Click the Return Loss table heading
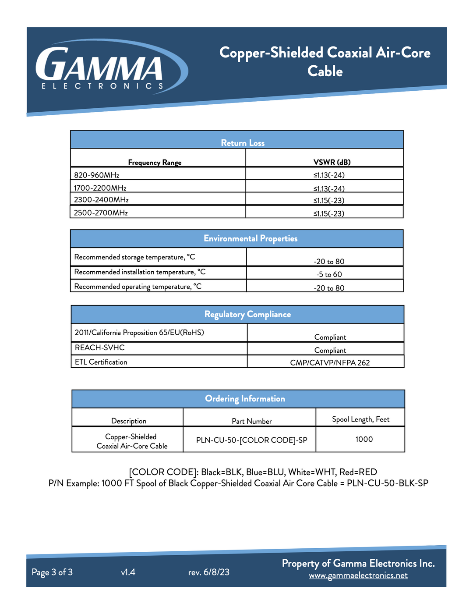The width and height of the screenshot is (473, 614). click(x=243, y=143)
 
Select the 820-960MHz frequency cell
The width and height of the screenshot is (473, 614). click(x=97, y=175)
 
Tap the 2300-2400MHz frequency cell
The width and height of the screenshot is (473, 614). click(x=101, y=200)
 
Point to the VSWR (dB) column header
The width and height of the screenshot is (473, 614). click(x=332, y=162)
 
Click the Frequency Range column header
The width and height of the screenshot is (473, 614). click(x=155, y=163)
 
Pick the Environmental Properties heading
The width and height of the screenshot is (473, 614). click(x=251, y=238)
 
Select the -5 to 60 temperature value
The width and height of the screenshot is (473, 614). click(x=329, y=274)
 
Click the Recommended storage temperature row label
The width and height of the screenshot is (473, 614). click(x=134, y=257)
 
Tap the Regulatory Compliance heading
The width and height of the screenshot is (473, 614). click(x=247, y=314)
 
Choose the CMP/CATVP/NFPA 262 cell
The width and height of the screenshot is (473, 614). click(x=330, y=362)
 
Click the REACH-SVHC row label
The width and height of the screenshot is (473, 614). click(x=100, y=348)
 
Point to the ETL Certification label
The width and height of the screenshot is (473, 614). click(x=101, y=362)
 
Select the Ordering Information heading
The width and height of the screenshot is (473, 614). click(x=245, y=398)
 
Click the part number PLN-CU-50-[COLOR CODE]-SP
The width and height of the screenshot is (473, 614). click(x=252, y=440)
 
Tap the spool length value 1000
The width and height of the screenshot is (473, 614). click(x=364, y=439)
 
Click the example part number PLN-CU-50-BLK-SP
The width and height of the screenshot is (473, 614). click(x=387, y=483)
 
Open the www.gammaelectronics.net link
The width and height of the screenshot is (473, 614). click(x=358, y=575)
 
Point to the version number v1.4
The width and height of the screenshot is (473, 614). click(x=128, y=572)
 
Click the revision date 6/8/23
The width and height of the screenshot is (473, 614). click(x=216, y=572)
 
